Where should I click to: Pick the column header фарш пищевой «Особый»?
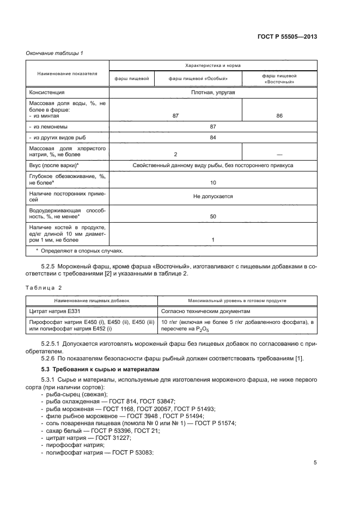[198, 78]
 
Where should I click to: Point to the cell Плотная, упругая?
[213, 93]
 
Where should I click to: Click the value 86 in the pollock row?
[279, 116]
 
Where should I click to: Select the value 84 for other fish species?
[213, 137]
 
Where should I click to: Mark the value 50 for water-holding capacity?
[213, 217]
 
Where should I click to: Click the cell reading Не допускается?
[213, 196]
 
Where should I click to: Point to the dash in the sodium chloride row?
[279, 154]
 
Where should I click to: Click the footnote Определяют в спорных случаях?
[80, 251]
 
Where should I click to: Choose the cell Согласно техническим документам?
[205, 311]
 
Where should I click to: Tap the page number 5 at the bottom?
[315, 463]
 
